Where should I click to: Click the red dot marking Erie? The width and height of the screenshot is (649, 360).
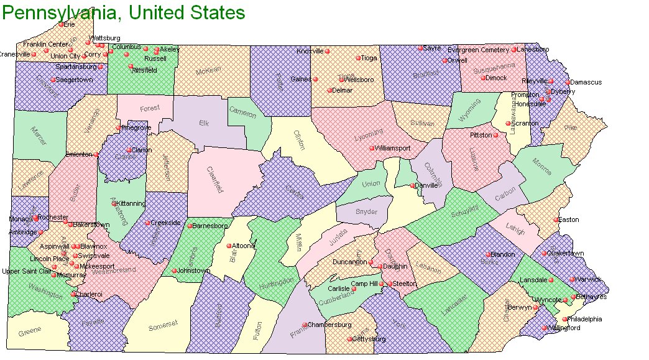point(61,24)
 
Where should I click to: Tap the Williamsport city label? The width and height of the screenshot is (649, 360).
point(393,149)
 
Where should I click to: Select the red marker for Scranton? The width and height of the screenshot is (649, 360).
point(508,124)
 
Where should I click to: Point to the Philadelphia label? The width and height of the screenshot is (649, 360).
point(586,319)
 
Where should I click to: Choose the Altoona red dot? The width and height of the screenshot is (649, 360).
point(229,246)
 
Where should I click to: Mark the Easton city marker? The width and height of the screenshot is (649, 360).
point(556,219)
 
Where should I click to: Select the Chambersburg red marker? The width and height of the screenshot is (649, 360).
point(305,325)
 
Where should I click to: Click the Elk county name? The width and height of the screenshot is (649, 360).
point(204,123)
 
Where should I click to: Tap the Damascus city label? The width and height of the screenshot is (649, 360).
point(587,82)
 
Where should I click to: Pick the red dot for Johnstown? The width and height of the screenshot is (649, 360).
point(174,270)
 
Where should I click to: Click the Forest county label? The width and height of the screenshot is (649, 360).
point(149,108)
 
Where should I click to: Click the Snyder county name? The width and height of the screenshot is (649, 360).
point(366,212)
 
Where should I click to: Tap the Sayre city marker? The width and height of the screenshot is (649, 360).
point(420,48)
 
